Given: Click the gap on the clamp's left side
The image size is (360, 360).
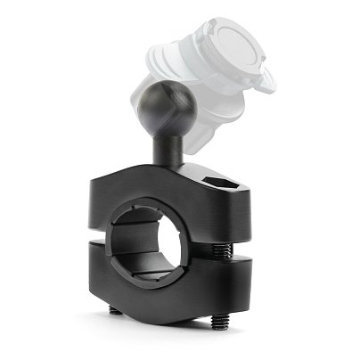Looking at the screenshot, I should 102,235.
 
